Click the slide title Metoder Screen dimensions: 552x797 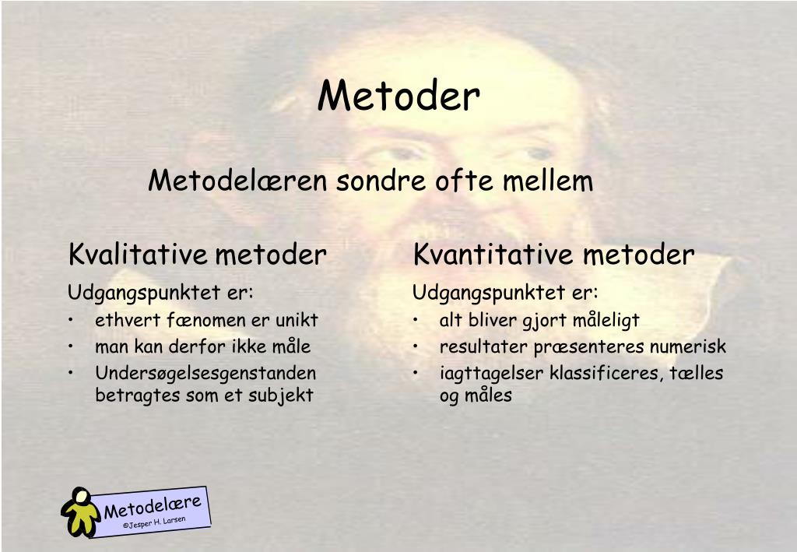(398, 97)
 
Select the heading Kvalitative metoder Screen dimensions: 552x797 (198, 255)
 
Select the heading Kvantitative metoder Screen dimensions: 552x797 (553, 255)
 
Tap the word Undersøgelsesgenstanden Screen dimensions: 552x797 (205, 373)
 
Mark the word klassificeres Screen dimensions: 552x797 (605, 373)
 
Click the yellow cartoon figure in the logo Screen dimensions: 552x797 (79, 511)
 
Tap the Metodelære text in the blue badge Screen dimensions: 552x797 (153, 506)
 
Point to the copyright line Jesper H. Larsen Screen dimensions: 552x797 (156, 523)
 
